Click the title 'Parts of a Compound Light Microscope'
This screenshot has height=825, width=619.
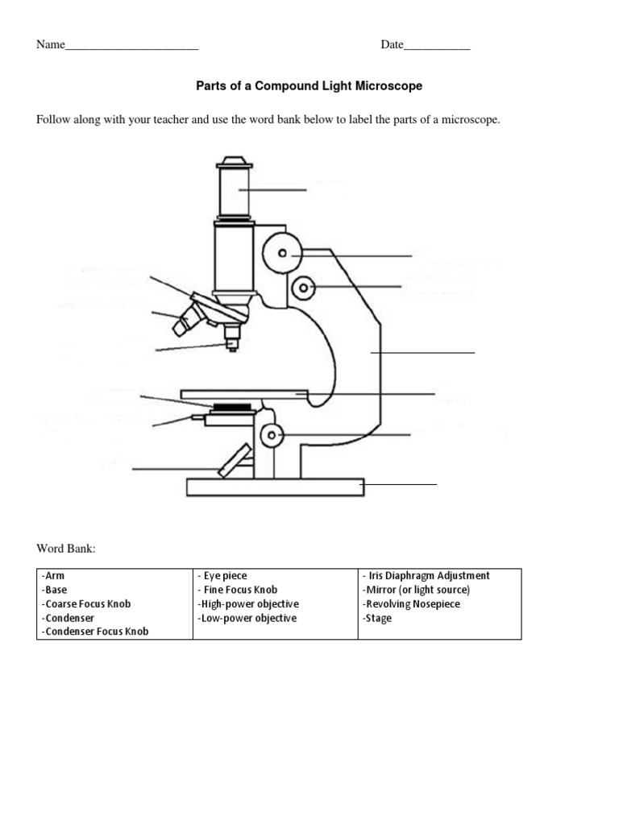coord(309,85)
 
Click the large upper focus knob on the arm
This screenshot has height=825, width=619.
coord(282,253)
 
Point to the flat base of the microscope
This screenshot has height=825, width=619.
coord(275,487)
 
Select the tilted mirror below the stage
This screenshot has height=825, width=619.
coord(234,460)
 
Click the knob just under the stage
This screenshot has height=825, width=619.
coord(272,436)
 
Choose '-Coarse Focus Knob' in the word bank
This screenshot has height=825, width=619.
coord(85,604)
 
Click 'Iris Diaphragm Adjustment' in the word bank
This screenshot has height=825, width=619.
coord(426,576)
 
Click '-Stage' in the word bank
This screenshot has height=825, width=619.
coord(378,619)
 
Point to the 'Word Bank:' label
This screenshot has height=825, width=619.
coord(66,549)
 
